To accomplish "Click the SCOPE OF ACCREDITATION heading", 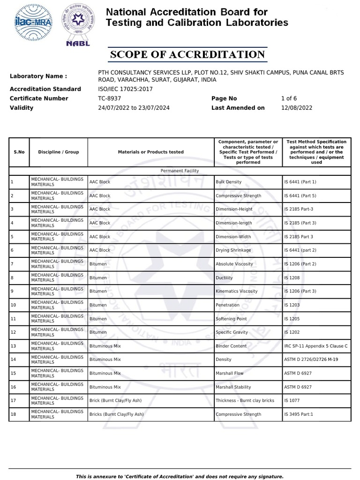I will click(x=187, y=54).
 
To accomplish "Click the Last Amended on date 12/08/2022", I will click(x=296, y=108).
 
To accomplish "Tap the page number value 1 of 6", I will click(x=289, y=98).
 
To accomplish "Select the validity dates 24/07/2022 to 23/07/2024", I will click(x=134, y=108).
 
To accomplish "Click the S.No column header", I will click(x=19, y=152).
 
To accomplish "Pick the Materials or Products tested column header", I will click(x=150, y=152).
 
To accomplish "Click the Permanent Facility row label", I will click(x=180, y=171).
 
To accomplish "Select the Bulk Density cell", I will click(x=228, y=182).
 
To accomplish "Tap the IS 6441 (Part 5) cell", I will click(x=300, y=195).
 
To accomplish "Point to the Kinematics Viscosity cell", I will click(x=236, y=291).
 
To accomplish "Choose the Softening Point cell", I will click(x=230, y=319).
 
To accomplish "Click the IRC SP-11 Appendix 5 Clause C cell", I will click(x=315, y=346).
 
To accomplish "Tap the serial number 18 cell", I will click(x=13, y=414).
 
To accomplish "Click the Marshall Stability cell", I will click(x=233, y=387).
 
